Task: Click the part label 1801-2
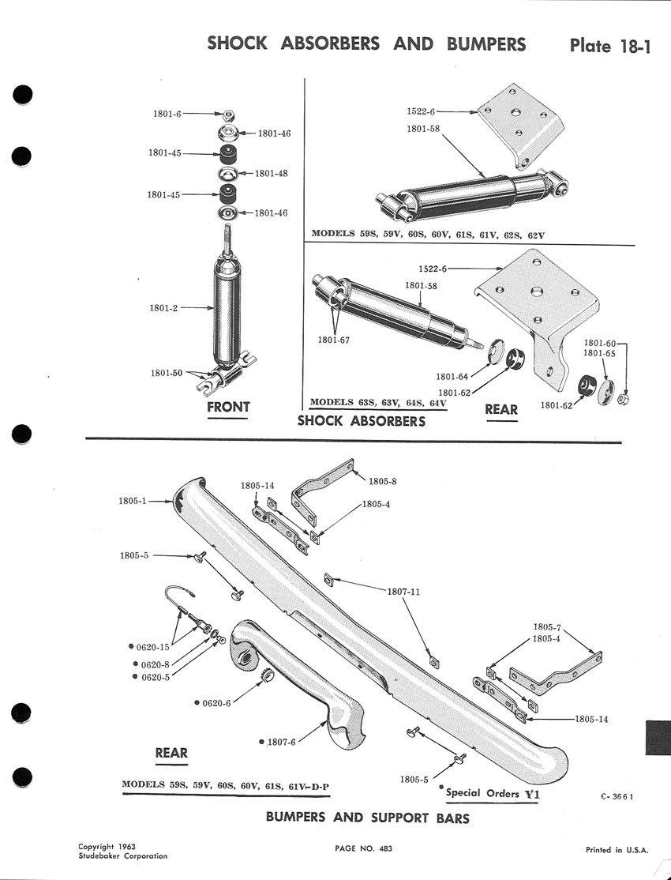165,308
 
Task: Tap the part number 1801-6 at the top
167,115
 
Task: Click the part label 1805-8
383,480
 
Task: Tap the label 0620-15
154,647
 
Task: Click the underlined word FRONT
228,408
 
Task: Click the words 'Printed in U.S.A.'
617,850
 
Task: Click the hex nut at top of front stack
229,115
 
